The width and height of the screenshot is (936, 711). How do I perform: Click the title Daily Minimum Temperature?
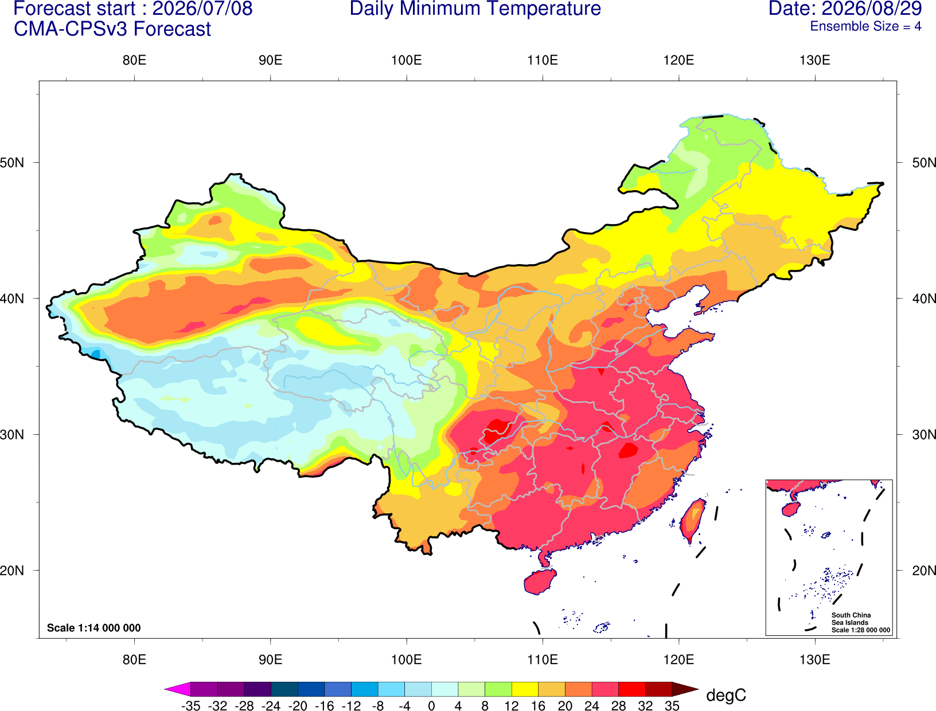(475, 9)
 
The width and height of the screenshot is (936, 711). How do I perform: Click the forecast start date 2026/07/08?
(202, 9)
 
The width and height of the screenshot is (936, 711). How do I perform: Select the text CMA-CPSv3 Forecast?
(112, 29)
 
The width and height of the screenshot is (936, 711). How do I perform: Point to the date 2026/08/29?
(872, 9)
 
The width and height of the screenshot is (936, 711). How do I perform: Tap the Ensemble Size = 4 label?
(865, 26)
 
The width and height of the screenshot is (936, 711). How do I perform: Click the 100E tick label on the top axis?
(407, 60)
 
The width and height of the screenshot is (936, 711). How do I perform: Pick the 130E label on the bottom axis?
(814, 660)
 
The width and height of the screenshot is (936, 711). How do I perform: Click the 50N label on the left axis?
(12, 163)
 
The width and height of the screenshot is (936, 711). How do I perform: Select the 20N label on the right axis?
(923, 571)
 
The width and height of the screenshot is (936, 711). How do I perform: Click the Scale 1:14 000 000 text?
(94, 628)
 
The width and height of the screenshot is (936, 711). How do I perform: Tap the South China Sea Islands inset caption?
(860, 622)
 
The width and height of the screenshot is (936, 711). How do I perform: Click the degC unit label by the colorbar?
(726, 695)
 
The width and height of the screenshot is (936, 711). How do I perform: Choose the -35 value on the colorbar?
(190, 706)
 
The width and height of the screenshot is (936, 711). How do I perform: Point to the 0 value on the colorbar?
(431, 706)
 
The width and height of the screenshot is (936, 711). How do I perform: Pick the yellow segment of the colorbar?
(525, 689)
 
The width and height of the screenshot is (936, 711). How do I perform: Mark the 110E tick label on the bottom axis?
(543, 660)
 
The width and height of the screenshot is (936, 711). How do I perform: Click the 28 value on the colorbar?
(618, 706)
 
